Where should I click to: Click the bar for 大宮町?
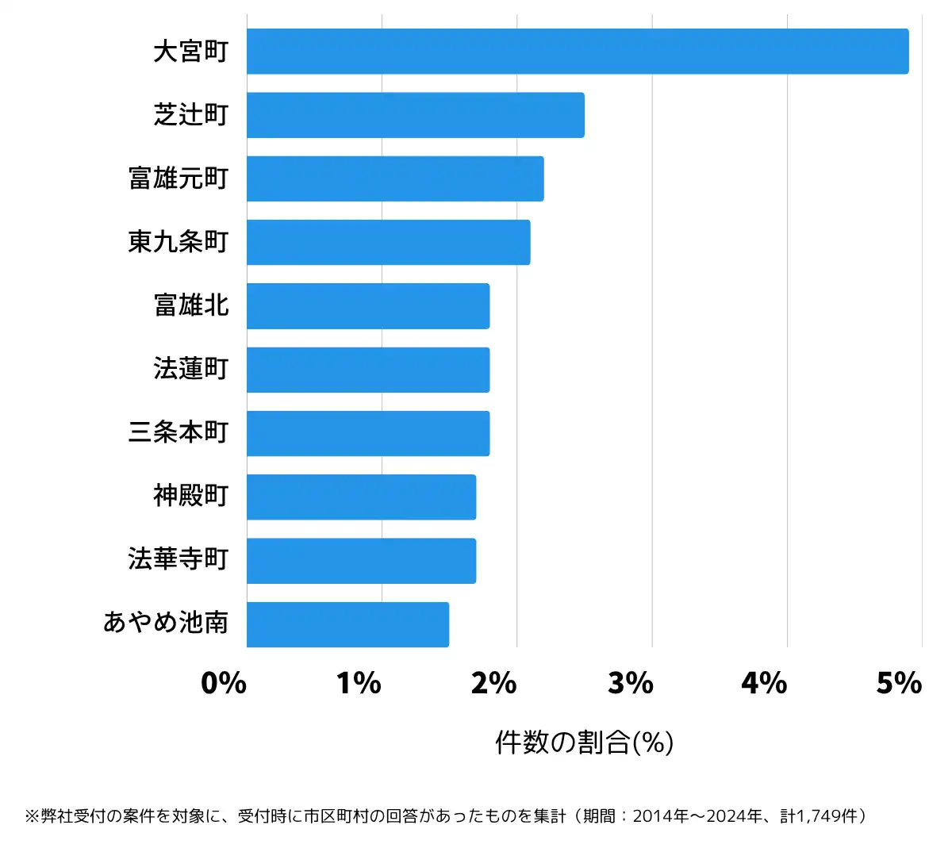coord(578,52)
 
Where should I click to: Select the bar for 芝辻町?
coord(415,115)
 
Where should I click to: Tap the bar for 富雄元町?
coord(395,178)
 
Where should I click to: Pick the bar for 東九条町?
coord(388,242)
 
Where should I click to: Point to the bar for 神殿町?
coord(361,497)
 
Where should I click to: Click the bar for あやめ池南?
coord(347,624)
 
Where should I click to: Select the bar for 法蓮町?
coord(368,370)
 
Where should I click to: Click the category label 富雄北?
coord(191,305)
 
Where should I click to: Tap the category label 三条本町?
coord(178,432)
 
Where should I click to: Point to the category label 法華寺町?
coord(178,559)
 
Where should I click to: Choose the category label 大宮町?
coord(191,52)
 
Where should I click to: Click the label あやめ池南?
coord(166,623)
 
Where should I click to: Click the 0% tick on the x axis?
coord(224,683)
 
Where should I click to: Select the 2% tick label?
coord(493,683)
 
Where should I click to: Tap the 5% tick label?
coord(899,683)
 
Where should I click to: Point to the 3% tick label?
coord(630,683)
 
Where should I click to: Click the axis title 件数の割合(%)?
coord(584,742)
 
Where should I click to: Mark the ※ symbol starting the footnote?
coord(32,816)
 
